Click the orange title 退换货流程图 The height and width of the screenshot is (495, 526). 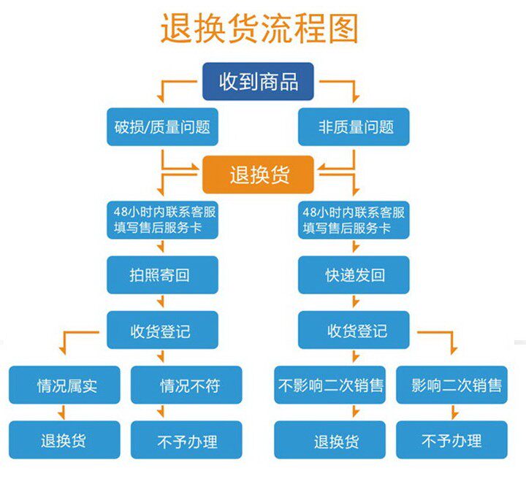tap(259, 28)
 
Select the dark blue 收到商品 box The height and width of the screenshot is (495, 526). tap(258, 82)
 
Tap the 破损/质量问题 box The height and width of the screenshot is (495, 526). tap(162, 127)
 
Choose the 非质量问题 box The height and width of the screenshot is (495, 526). tap(354, 127)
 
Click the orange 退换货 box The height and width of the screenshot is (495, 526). tap(258, 174)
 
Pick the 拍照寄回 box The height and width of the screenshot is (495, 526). tap(162, 275)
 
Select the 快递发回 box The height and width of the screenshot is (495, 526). tap(354, 275)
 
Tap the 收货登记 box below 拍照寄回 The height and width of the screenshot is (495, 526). tap(162, 330)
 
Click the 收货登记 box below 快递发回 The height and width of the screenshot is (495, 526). tap(354, 330)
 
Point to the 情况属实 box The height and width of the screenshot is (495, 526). tap(64, 385)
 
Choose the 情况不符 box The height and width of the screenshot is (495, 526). tap(186, 385)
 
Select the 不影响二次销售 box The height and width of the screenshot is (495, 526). tap(329, 385)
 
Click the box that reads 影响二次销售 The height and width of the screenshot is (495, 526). tap(452, 385)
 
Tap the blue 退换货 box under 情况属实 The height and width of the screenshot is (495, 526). tap(64, 440)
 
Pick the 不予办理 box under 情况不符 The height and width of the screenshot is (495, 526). tap(186, 440)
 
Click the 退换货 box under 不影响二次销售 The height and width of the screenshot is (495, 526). tap(329, 440)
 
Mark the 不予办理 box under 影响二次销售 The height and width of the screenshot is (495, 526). tap(452, 440)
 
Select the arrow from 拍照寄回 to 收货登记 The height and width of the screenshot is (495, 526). tap(161, 302)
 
